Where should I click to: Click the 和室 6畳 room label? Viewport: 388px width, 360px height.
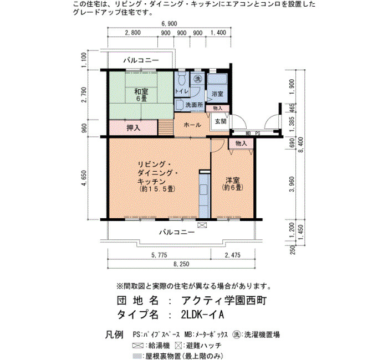tap(141, 95)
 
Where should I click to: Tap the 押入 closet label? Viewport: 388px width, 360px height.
tap(134, 128)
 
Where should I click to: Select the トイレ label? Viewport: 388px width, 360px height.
tap(182, 91)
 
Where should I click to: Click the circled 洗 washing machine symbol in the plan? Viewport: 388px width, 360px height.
tap(198, 79)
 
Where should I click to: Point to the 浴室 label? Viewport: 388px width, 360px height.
tap(217, 94)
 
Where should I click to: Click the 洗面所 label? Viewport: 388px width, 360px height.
tap(194, 105)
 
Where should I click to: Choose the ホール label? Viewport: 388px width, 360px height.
tap(192, 125)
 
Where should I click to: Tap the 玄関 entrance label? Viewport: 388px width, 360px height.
tap(221, 121)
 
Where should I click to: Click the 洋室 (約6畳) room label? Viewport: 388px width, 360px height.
tap(233, 184)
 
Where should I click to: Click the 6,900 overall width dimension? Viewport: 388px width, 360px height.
tap(169, 24)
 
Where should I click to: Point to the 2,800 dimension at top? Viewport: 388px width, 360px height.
tap(133, 33)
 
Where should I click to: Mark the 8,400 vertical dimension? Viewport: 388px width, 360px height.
tap(301, 145)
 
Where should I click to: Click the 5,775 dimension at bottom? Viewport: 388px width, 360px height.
tap(160, 255)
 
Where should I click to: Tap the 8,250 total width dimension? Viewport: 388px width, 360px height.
tap(181, 264)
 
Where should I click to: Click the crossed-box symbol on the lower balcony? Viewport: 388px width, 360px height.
tap(202, 225)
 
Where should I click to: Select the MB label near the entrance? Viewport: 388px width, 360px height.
tap(248, 133)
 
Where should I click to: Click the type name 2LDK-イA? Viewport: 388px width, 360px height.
tap(202, 315)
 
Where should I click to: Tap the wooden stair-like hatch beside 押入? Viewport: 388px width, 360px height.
tap(166, 127)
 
